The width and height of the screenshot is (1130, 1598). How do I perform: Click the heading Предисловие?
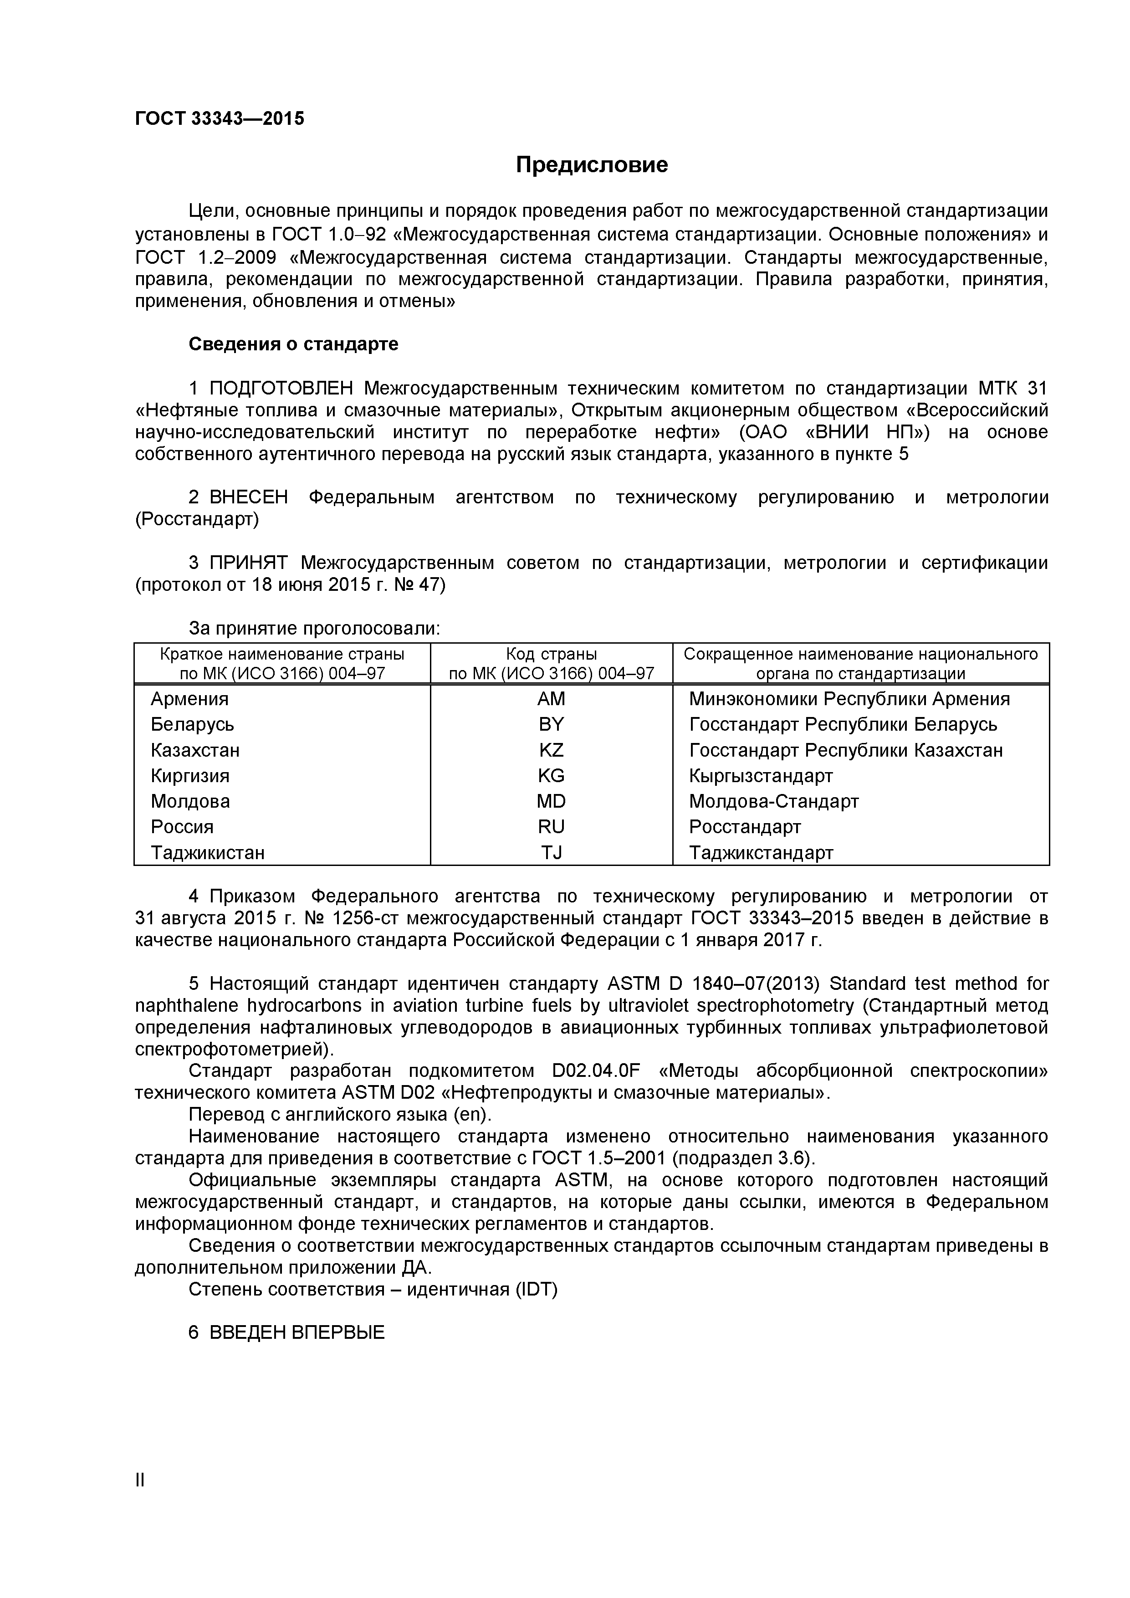click(592, 165)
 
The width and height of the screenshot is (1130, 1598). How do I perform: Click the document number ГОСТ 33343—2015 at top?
click(219, 119)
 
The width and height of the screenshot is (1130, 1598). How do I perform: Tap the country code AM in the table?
click(551, 699)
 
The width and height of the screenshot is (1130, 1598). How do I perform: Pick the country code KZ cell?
click(551, 750)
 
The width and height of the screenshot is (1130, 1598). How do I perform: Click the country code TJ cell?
click(551, 853)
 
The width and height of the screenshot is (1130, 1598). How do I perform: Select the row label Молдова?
click(190, 801)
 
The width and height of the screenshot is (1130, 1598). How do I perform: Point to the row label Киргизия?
click(190, 775)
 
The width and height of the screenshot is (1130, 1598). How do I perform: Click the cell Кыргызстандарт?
click(761, 775)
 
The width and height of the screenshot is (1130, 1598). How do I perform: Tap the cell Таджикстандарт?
click(761, 853)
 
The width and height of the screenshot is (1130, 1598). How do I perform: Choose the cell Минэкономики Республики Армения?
click(849, 699)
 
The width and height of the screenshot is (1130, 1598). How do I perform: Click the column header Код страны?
click(551, 654)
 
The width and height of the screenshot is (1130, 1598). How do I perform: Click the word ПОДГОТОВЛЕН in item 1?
click(281, 389)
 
